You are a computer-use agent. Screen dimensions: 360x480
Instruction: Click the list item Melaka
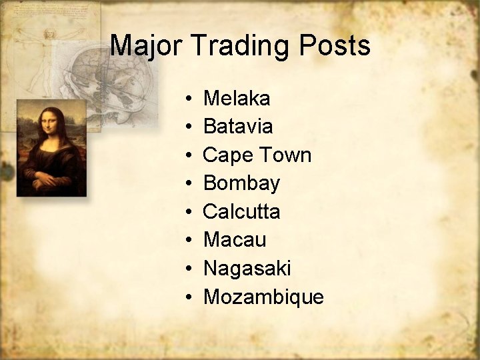[237, 99]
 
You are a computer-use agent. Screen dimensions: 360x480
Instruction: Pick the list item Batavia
[238, 127]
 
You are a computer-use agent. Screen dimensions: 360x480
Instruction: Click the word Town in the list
[285, 155]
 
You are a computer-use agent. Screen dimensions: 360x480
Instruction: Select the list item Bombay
[241, 183]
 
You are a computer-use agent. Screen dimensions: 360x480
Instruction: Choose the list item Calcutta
[241, 212]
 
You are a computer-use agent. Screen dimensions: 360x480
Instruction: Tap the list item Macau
[234, 240]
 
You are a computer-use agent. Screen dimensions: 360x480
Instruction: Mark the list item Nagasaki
[247, 269]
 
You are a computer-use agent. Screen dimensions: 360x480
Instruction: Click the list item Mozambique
[263, 297]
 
